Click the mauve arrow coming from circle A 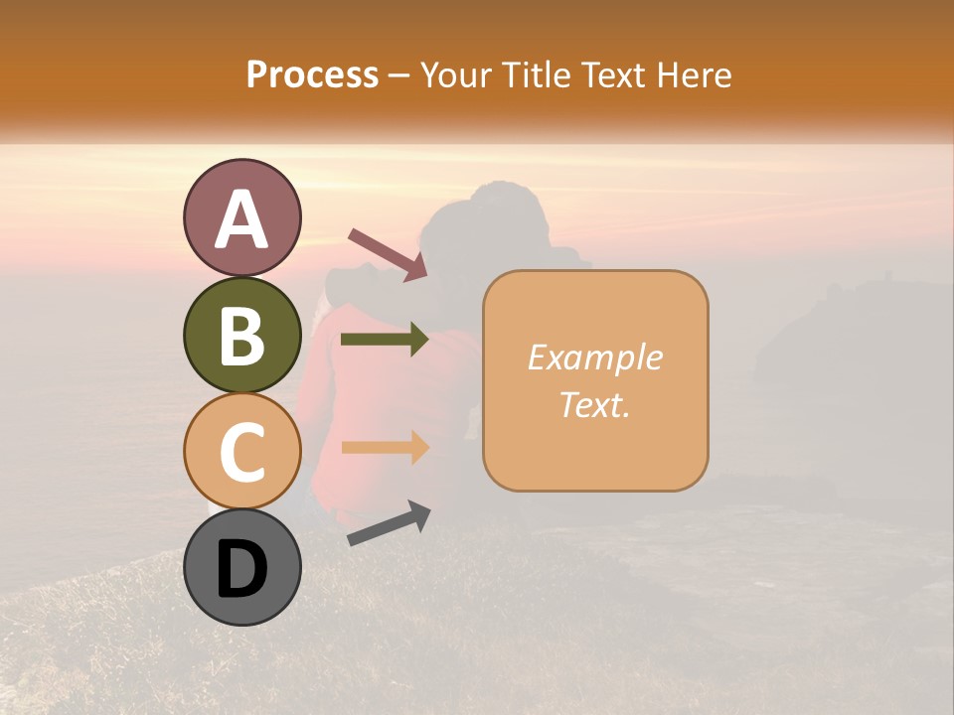click(x=388, y=254)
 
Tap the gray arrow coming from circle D click(x=389, y=523)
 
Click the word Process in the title click(x=312, y=75)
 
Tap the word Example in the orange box click(x=594, y=357)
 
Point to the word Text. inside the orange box click(x=594, y=404)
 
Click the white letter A click(x=241, y=219)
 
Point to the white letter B click(x=241, y=337)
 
